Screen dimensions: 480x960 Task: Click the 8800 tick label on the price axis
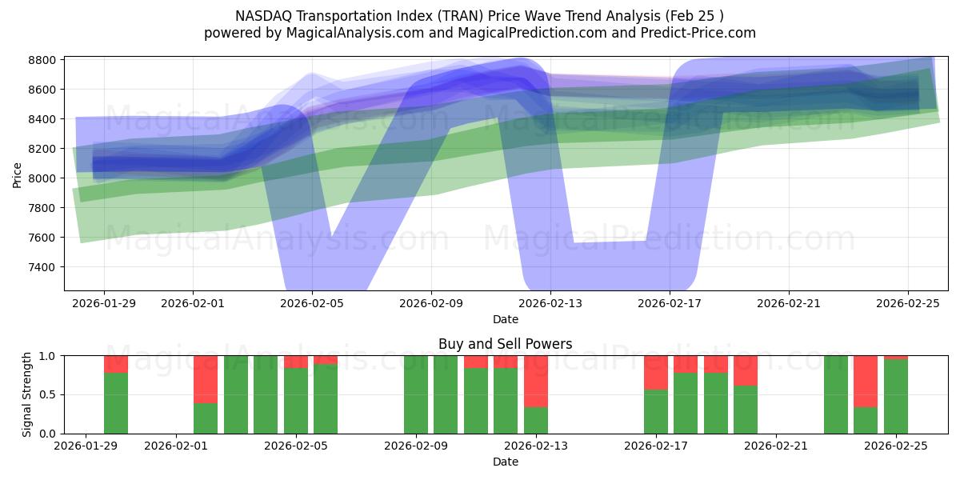tap(42, 61)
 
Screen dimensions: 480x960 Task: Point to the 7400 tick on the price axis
tap(42, 267)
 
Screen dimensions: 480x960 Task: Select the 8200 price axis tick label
tap(42, 149)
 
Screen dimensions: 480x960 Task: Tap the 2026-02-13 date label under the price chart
tap(550, 304)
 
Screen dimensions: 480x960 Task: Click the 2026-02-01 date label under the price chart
tap(193, 304)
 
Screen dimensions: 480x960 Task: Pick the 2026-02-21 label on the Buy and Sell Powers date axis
tap(776, 446)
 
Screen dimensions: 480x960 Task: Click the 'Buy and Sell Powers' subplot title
tap(505, 345)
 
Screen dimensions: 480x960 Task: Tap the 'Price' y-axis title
tap(18, 174)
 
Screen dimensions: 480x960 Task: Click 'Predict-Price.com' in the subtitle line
tap(701, 33)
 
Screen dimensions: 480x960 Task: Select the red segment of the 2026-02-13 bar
tap(536, 381)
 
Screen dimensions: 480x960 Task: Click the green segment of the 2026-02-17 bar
tap(656, 411)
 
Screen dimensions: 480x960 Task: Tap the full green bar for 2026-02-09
tap(416, 394)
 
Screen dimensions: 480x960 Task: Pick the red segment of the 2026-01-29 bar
tap(116, 364)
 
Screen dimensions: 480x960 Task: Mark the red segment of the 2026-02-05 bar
tap(296, 362)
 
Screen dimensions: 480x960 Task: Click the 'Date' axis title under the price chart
tap(505, 319)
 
